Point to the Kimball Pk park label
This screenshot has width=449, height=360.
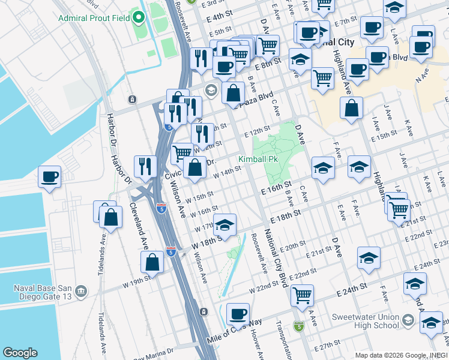click(258, 160)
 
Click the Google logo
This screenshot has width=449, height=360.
click(20, 353)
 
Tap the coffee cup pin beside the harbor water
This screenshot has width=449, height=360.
click(49, 177)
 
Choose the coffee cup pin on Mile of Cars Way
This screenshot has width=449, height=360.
click(238, 314)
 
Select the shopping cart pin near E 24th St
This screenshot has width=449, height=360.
click(302, 295)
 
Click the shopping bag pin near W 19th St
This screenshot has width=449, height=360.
click(152, 262)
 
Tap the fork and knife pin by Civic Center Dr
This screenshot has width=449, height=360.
click(145, 167)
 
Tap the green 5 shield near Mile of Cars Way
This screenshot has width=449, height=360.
click(298, 326)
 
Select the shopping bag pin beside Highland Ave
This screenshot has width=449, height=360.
click(351, 108)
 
